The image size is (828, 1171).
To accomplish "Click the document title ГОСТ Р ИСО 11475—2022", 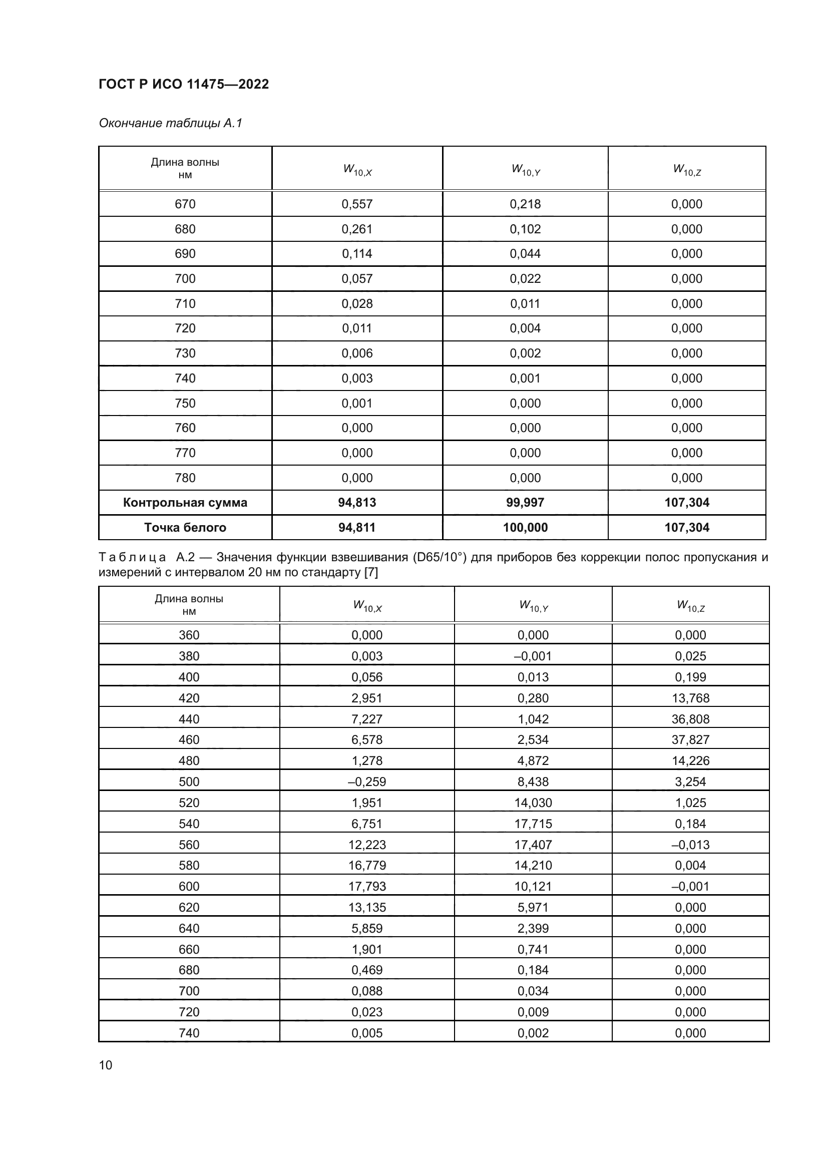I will tap(184, 84).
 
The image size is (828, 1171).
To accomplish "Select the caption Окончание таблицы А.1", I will tap(170, 123).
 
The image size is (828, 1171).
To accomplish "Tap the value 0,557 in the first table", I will tap(357, 204).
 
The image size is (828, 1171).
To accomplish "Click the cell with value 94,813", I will tap(357, 502).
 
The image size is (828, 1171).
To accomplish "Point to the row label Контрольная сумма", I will tap(185, 502).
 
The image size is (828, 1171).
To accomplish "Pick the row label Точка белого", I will tap(185, 527).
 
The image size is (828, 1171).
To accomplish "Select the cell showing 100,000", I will tap(525, 527).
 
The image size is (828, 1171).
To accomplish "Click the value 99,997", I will tap(525, 502).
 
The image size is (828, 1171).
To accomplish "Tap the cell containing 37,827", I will tap(690, 739).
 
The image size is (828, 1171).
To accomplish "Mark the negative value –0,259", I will tap(366, 782).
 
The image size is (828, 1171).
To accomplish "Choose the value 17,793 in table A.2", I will tap(366, 886).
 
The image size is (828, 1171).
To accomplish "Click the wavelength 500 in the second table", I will tap(189, 782).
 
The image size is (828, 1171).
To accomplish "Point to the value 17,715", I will tap(533, 824).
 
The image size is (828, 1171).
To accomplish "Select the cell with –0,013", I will tap(690, 845).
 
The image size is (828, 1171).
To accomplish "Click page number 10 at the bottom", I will tap(106, 1065).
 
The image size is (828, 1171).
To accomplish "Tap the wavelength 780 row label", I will tap(185, 478).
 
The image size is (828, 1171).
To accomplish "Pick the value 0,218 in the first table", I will tap(525, 204).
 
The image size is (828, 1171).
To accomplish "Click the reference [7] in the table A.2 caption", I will tap(370, 572).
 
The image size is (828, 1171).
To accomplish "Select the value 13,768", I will tap(690, 698).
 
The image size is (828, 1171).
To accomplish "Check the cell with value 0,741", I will tap(533, 949).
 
